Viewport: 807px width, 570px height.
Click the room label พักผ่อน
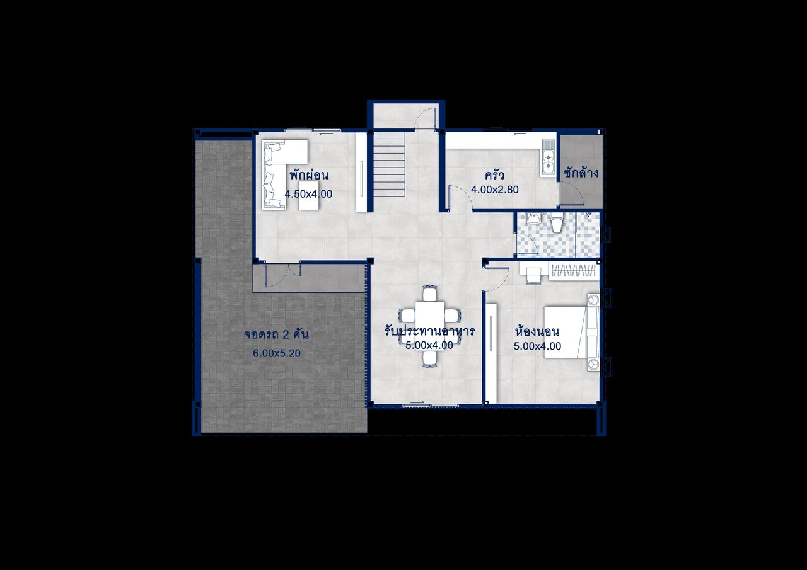coord(309,175)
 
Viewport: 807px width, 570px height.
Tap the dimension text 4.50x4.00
coord(308,194)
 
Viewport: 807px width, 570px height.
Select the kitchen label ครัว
coord(494,175)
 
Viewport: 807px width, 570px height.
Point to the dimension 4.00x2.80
coord(495,190)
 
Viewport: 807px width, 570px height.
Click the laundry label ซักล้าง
coord(581,173)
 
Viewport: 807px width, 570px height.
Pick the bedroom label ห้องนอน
coord(538,331)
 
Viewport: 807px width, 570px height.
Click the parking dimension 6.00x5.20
coord(277,353)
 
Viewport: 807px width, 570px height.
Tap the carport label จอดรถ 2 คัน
coord(276,334)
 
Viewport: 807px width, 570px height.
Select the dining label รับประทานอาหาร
coord(429,331)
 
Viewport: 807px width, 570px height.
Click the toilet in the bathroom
coord(557,223)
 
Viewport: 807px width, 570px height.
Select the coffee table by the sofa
coord(309,195)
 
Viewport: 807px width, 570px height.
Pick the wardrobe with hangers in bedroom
coord(574,271)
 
